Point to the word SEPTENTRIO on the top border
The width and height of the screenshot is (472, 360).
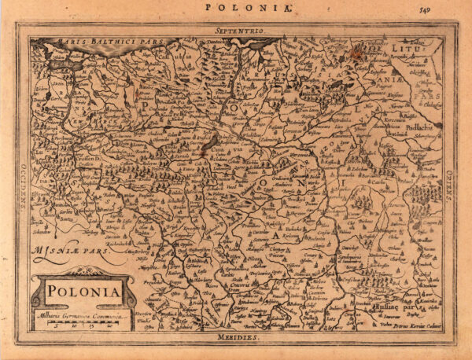coord(237,29)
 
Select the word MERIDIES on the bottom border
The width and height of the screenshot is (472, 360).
coord(237,336)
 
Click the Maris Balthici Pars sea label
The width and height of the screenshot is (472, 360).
coord(67,39)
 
